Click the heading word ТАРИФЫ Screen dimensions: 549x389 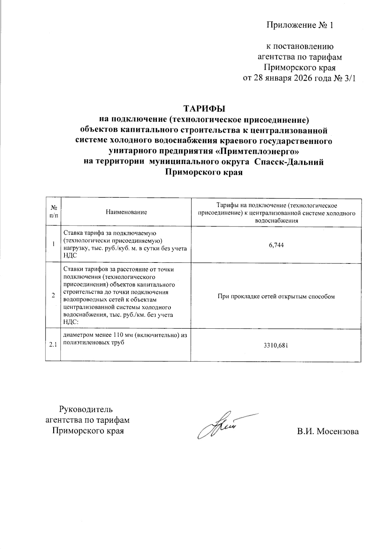click(x=204, y=108)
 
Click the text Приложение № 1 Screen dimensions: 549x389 click(x=300, y=25)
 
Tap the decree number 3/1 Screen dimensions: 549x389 click(x=349, y=79)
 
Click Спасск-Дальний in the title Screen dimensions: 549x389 click(x=289, y=162)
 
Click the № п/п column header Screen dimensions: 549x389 click(x=53, y=212)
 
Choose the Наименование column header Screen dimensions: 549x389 click(x=126, y=212)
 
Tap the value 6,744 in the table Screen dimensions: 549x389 click(x=276, y=245)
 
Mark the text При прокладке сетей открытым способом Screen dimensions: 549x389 click(x=276, y=296)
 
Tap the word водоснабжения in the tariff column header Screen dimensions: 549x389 click(x=276, y=221)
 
